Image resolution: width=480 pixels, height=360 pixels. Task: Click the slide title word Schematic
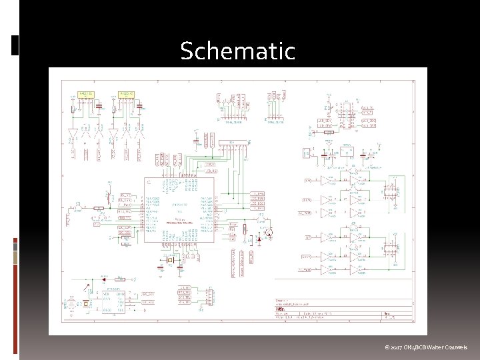(237, 51)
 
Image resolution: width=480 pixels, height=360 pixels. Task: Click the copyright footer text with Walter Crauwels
(426, 347)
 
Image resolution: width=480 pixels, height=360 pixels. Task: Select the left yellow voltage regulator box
(87, 95)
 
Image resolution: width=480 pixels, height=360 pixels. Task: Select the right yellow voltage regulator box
(125, 95)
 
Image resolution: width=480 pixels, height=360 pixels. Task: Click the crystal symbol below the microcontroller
(170, 265)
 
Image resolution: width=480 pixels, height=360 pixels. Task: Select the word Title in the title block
(280, 309)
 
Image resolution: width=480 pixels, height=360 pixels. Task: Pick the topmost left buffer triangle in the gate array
(326, 180)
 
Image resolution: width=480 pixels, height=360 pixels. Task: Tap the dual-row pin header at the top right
(345, 115)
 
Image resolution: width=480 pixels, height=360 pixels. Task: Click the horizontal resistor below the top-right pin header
(328, 132)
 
